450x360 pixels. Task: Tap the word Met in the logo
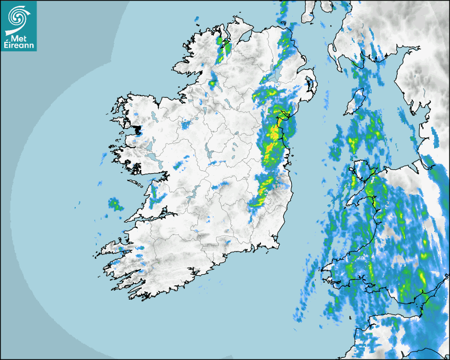(x=19, y=38)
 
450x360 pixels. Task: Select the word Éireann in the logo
(x=19, y=46)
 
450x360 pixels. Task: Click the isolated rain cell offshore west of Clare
(x=115, y=204)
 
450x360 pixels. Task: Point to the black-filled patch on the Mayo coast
(x=139, y=129)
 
